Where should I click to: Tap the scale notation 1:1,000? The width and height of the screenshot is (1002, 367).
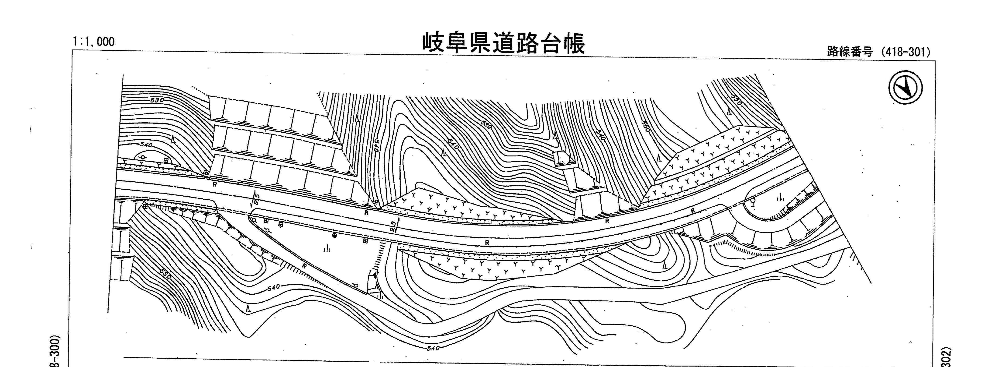tap(93, 41)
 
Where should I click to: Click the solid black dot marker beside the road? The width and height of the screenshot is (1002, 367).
tap(334, 236)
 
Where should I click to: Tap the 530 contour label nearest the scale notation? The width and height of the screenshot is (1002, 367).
tap(157, 100)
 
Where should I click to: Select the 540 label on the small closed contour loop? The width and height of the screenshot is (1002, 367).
tap(146, 145)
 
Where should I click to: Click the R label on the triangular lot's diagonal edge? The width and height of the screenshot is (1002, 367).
tap(304, 266)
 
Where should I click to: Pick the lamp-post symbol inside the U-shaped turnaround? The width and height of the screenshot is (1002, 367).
tap(753, 202)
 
